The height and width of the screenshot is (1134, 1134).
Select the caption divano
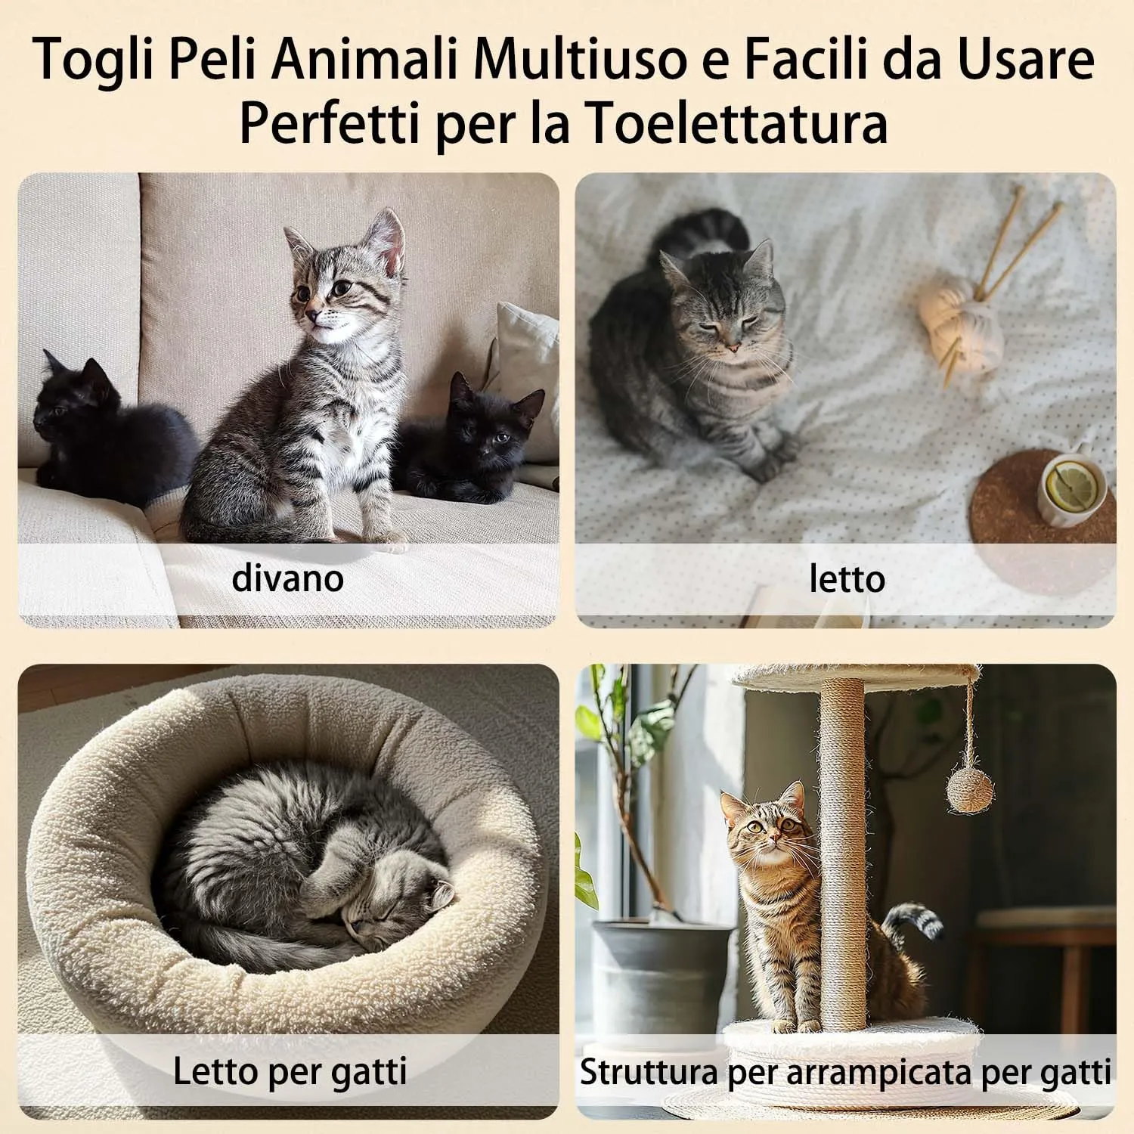(288, 578)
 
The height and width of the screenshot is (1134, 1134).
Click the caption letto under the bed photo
(847, 579)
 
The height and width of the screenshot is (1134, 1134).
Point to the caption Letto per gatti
(290, 1071)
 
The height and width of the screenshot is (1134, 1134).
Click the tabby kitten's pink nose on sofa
(311, 313)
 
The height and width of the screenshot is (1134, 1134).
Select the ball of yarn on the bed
(960, 316)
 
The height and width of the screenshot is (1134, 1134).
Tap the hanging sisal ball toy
(971, 789)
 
